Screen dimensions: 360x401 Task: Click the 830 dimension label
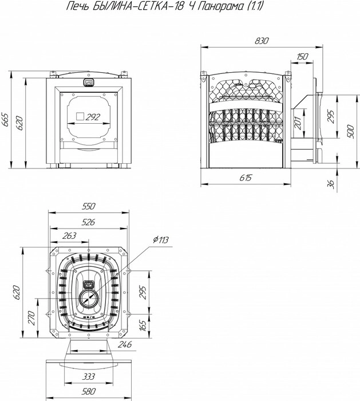[x=262, y=41]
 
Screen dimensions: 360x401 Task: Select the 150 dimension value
[x=303, y=56]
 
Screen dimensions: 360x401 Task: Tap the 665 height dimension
[x=5, y=119]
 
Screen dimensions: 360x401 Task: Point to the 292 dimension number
[x=93, y=117]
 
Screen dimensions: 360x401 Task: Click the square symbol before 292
[x=80, y=116]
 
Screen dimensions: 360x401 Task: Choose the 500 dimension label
[x=351, y=132]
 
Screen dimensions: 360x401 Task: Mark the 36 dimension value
[x=331, y=184]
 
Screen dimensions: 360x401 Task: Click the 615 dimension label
[x=246, y=178]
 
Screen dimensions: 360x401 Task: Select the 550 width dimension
[x=88, y=206]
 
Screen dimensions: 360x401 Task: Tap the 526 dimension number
[x=88, y=222]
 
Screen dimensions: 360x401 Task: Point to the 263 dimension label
[x=69, y=235]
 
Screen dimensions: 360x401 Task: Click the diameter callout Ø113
[x=161, y=239]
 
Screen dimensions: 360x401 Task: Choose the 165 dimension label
[x=143, y=325]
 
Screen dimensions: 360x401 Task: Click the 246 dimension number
[x=124, y=344]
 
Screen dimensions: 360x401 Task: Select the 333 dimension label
[x=88, y=376]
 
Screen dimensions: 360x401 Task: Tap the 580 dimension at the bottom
[x=89, y=391]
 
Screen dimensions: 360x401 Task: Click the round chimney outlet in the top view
[x=88, y=298]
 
